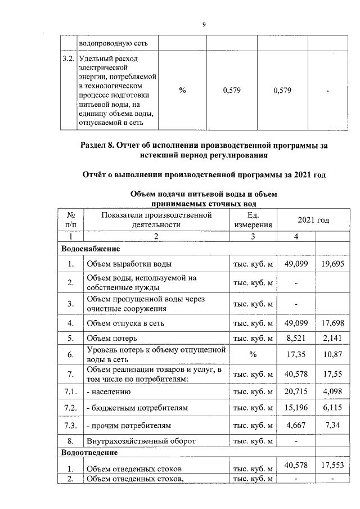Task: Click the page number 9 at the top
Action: tap(204, 24)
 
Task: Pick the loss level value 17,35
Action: tap(296, 355)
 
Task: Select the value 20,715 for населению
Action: tap(296, 390)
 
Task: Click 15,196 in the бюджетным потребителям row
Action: tap(296, 407)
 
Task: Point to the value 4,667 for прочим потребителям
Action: tap(296, 425)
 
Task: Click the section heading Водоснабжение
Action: tap(91, 248)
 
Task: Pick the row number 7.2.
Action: tap(71, 407)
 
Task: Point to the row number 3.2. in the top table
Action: tap(69, 58)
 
